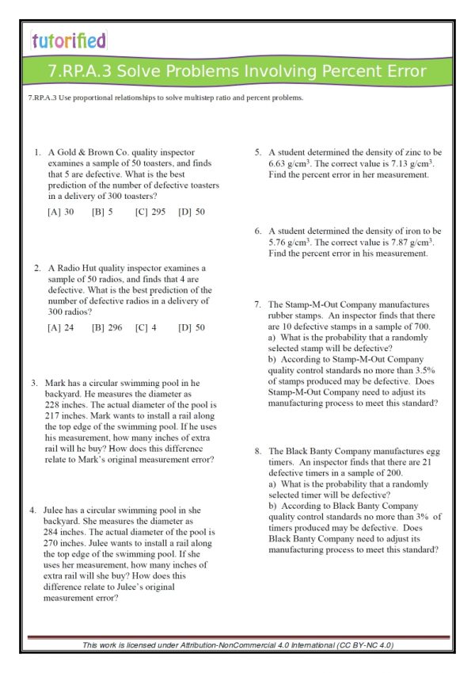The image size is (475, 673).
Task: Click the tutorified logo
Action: [69, 41]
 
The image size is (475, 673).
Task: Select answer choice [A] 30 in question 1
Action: [61, 212]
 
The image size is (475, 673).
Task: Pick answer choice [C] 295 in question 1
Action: [150, 212]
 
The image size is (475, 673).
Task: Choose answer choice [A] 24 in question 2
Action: [61, 327]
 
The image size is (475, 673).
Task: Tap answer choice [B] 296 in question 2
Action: [107, 327]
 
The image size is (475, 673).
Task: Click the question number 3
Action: [35, 384]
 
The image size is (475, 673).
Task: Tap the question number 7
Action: [257, 304]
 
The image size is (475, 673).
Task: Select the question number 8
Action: [257, 451]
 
